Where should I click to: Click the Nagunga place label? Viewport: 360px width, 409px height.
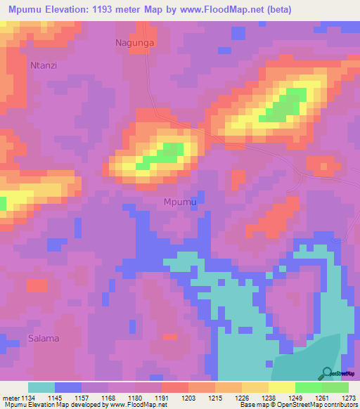tap(134, 43)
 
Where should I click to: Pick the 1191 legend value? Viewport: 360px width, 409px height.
tap(160, 398)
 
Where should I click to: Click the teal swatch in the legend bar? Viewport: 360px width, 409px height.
tap(41, 387)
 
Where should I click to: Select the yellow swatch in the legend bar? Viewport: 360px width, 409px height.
tap(281, 387)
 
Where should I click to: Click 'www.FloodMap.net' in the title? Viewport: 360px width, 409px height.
tap(224, 10)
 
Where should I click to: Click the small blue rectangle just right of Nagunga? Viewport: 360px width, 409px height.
tap(224, 51)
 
